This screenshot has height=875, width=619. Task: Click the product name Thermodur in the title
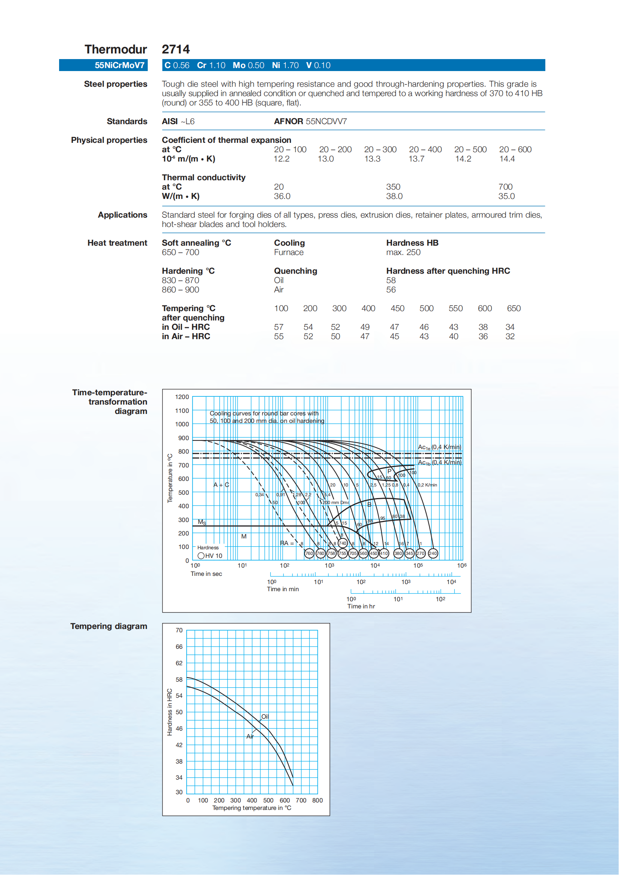pyautogui.click(x=116, y=49)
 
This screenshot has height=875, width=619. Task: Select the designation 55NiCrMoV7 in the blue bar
pyautogui.click(x=119, y=65)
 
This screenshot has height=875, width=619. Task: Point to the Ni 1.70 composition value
pyautogui.click(x=285, y=65)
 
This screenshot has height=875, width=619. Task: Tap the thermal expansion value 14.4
pyautogui.click(x=507, y=159)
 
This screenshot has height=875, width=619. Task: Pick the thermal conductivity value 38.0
pyautogui.click(x=394, y=196)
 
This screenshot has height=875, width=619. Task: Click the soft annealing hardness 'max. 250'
pyautogui.click(x=403, y=252)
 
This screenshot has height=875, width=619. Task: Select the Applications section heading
pyautogui.click(x=122, y=215)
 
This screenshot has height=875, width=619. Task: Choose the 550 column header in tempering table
pyautogui.click(x=456, y=308)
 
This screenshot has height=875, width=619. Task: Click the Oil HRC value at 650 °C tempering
pyautogui.click(x=510, y=327)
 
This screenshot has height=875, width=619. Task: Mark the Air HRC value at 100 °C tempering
pyautogui.click(x=279, y=337)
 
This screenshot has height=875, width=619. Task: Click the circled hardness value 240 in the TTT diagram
pyautogui.click(x=433, y=553)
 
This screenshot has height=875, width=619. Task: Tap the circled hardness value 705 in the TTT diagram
pyautogui.click(x=353, y=553)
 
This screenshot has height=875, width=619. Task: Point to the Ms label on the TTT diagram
pyautogui.click(x=202, y=522)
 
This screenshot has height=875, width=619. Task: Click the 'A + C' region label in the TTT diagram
pyautogui.click(x=221, y=485)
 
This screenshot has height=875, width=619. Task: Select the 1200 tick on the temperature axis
pyautogui.click(x=182, y=397)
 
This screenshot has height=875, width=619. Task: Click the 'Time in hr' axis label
pyautogui.click(x=361, y=606)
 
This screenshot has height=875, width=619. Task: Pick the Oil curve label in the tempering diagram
pyautogui.click(x=265, y=717)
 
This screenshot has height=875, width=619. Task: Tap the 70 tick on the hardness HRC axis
pyautogui.click(x=179, y=630)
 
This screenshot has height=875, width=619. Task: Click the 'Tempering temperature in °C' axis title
pyautogui.click(x=252, y=808)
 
